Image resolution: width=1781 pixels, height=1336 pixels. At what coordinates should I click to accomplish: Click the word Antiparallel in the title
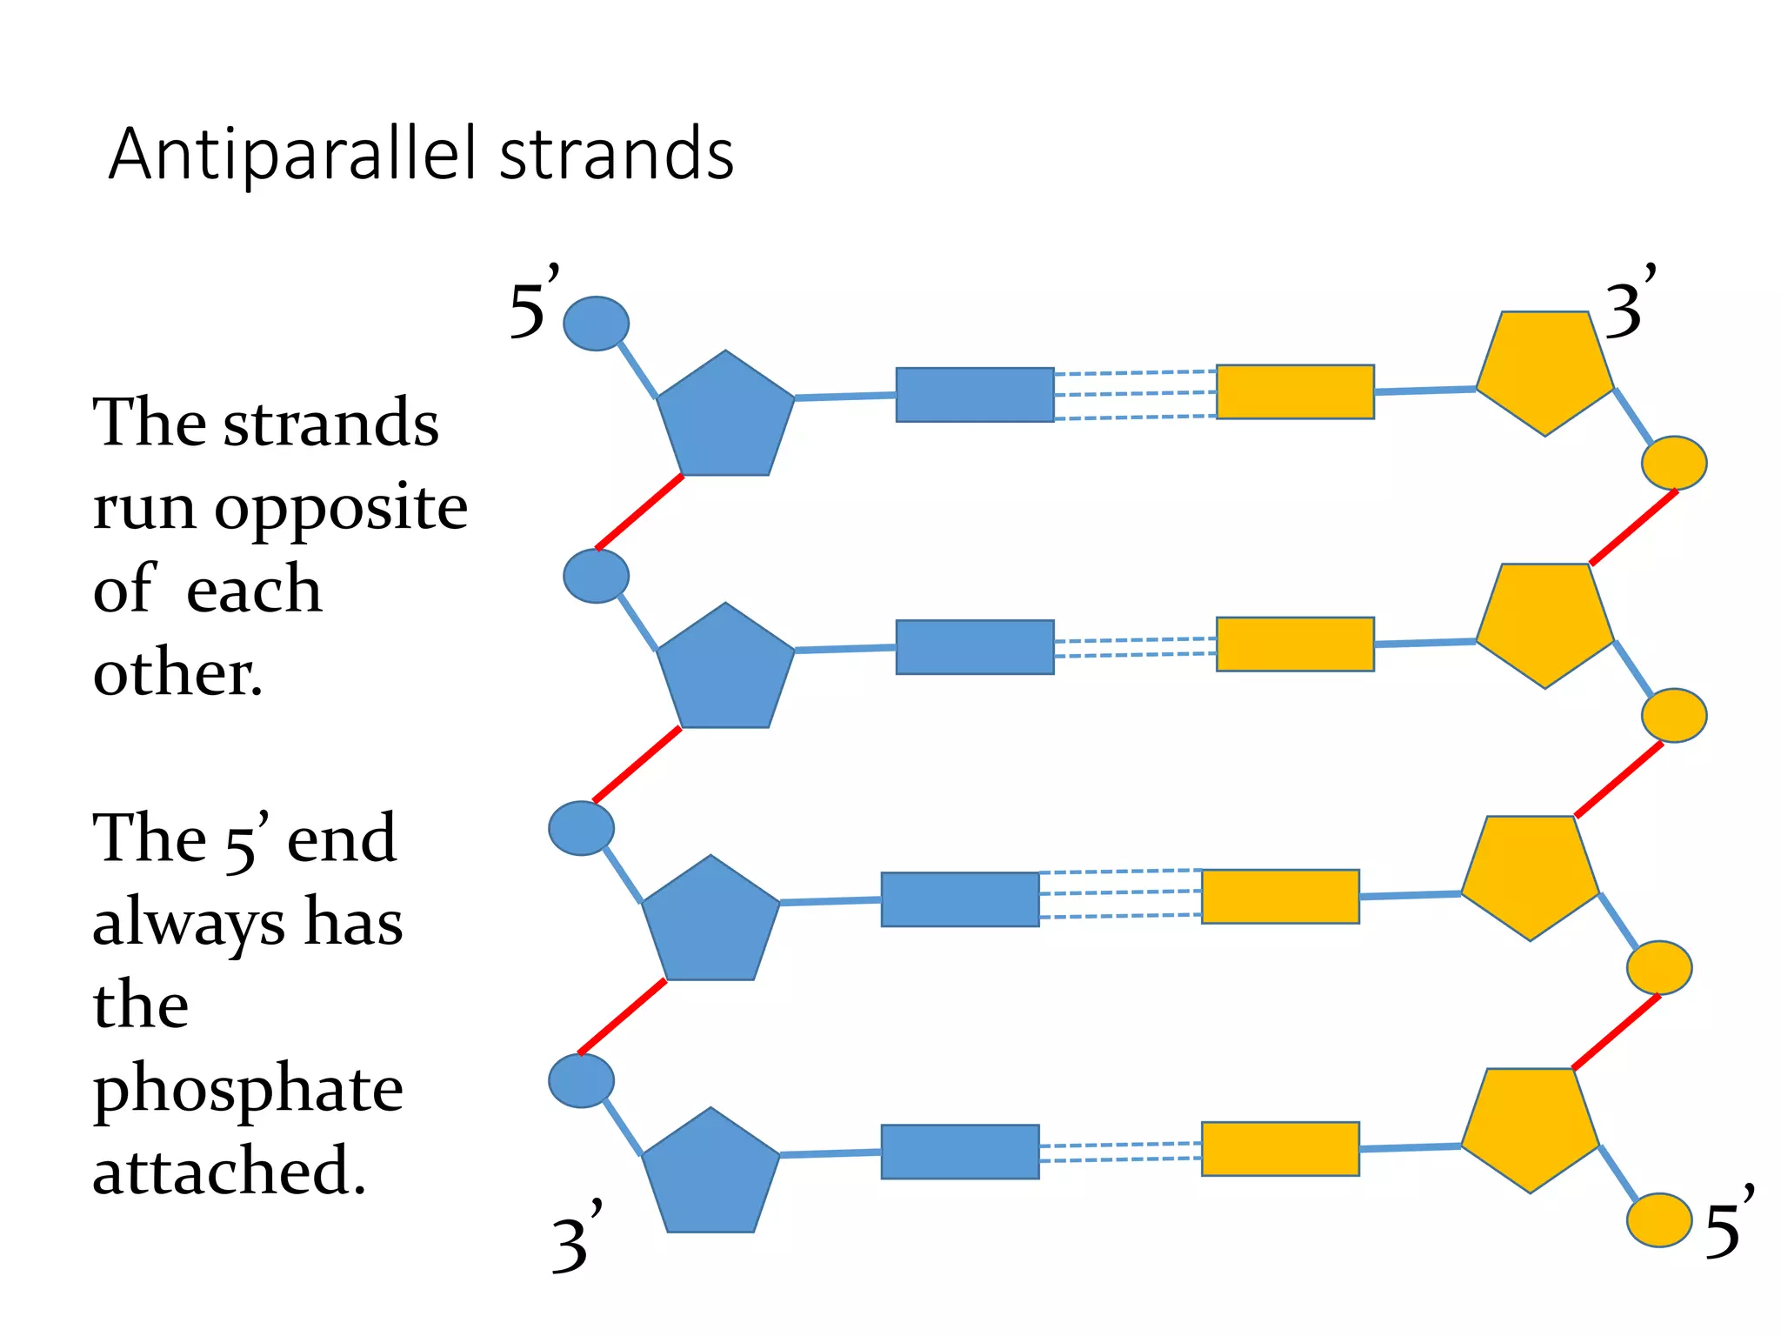(x=292, y=155)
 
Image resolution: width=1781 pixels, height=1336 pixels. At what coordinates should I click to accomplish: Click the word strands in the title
(x=617, y=155)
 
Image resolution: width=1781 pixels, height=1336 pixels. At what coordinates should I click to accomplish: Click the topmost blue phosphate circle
(x=596, y=324)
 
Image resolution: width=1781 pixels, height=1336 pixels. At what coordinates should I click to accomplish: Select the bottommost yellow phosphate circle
(x=1659, y=1219)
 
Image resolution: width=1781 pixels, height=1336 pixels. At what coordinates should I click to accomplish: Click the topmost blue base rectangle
(x=975, y=395)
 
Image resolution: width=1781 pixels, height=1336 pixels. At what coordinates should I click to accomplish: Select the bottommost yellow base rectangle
(x=1280, y=1149)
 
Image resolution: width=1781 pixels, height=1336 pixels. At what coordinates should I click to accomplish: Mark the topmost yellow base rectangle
(x=1295, y=392)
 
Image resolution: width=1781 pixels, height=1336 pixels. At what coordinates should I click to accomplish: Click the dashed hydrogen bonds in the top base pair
(x=1135, y=395)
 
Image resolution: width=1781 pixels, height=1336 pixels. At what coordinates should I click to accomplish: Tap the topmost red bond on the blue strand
(x=639, y=512)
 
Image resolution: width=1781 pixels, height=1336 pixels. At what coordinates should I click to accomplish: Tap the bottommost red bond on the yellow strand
(x=1616, y=1032)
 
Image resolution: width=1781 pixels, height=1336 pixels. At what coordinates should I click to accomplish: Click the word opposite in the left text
(x=341, y=508)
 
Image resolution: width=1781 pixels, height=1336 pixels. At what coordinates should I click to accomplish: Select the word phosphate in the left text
(x=248, y=1091)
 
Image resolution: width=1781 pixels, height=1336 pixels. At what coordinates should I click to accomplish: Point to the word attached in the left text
(x=229, y=1171)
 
